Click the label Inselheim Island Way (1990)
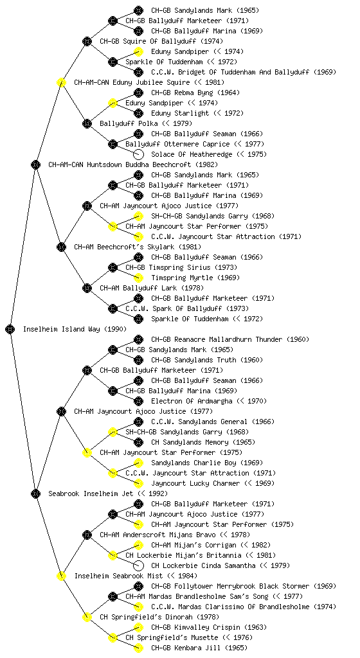(x=75, y=329)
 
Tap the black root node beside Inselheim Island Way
(x=10, y=329)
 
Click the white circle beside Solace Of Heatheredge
(x=138, y=154)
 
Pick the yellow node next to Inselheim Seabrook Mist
(x=61, y=576)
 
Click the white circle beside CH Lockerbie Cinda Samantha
(x=138, y=565)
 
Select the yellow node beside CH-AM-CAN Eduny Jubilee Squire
(x=61, y=82)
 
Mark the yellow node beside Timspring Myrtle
(x=138, y=278)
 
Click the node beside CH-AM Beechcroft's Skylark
(x=61, y=247)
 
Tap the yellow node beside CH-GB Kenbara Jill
(x=138, y=648)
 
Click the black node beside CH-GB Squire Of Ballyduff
(x=87, y=41)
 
